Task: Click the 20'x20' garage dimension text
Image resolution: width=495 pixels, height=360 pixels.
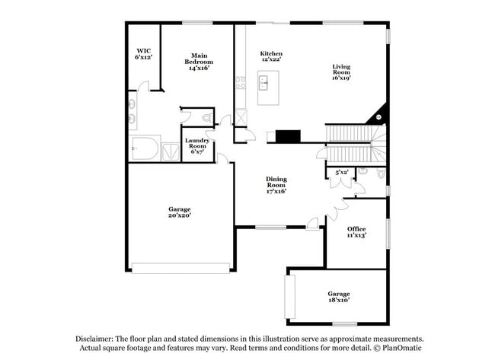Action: click(180, 215)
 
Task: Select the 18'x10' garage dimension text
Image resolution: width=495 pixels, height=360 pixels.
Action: click(338, 299)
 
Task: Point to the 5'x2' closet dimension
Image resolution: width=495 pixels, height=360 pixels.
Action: click(341, 173)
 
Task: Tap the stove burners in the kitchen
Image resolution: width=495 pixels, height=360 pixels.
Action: click(240, 82)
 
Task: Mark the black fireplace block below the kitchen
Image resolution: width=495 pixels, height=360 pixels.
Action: click(288, 136)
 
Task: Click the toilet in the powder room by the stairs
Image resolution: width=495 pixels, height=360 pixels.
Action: click(363, 172)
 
